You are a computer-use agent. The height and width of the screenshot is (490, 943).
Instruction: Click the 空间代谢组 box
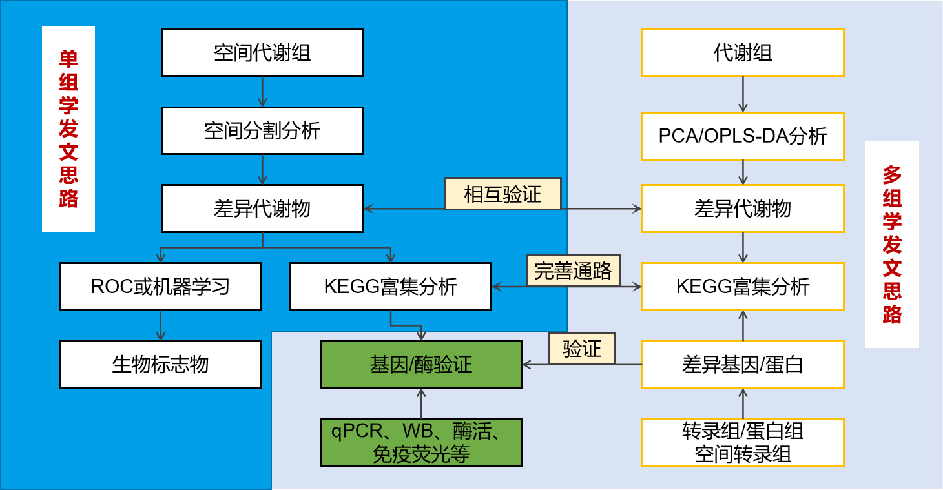point(262,52)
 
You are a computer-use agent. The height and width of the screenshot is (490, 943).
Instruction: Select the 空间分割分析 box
point(262,130)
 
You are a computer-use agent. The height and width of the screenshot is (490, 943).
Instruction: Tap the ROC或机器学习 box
point(160,286)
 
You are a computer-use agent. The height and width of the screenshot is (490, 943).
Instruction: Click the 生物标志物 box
point(160,364)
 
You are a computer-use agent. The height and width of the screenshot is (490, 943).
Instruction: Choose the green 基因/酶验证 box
point(421,364)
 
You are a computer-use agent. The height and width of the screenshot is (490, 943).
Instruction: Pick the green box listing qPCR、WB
point(421,442)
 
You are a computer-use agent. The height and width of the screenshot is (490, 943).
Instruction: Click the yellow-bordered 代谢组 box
point(743,52)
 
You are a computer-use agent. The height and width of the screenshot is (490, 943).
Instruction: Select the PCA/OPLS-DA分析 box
point(743,136)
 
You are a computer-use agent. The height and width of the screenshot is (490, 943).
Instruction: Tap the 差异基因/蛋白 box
point(743,364)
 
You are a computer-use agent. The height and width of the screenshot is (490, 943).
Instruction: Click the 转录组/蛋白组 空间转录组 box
point(743,442)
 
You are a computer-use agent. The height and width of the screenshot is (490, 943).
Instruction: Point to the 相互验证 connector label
point(503,194)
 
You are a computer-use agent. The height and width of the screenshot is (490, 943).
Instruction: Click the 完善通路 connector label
point(573,271)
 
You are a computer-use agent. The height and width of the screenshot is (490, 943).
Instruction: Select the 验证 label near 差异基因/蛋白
point(581,349)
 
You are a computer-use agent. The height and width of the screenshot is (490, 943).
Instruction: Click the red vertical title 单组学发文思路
point(68,129)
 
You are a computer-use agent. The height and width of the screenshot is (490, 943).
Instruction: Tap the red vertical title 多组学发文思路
point(892,245)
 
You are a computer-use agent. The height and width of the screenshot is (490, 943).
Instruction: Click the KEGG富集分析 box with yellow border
point(743,286)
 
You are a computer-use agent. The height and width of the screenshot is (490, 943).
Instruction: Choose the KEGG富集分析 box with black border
point(390,286)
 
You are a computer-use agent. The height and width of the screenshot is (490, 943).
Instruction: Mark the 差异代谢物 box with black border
point(262,209)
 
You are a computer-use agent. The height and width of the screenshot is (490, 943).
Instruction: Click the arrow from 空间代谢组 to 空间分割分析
point(262,92)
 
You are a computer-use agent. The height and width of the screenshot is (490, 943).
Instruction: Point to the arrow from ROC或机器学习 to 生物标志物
point(161,325)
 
